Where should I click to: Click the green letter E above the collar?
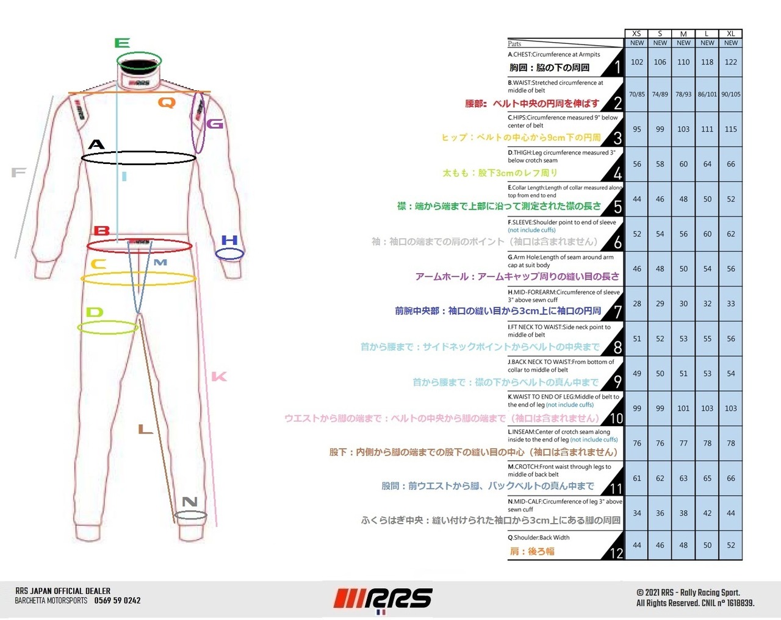click(122, 43)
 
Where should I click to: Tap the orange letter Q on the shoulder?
click(167, 102)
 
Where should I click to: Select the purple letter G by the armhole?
click(215, 124)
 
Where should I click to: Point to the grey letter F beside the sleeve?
click(18, 173)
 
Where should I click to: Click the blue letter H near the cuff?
click(229, 240)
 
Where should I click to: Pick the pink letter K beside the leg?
click(219, 377)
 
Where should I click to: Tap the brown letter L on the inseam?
click(145, 429)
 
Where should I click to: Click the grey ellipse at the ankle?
click(190, 516)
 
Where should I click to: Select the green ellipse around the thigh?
click(108, 328)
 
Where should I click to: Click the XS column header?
click(636, 34)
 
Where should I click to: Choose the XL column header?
click(730, 34)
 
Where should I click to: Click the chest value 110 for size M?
click(683, 62)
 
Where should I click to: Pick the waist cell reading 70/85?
click(636, 94)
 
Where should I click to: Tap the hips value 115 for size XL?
click(730, 129)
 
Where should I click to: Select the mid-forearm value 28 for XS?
click(636, 304)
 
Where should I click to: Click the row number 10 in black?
click(616, 418)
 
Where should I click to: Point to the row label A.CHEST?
click(554, 54)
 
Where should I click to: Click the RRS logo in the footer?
click(383, 599)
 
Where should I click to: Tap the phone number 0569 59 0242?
click(117, 600)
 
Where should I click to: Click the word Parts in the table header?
click(514, 44)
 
